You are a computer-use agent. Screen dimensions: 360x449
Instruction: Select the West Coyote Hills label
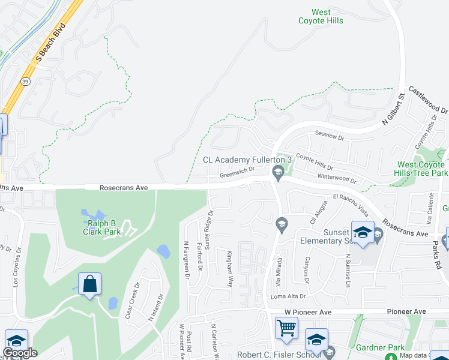[x=321, y=16]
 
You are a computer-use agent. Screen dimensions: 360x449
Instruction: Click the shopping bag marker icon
[x=89, y=284]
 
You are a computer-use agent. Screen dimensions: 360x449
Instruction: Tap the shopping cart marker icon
[x=286, y=328]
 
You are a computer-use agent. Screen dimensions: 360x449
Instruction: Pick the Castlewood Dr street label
[x=429, y=100]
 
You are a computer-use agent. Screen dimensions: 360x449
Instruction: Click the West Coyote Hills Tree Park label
[x=422, y=169]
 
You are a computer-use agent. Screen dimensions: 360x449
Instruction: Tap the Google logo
[x=20, y=353]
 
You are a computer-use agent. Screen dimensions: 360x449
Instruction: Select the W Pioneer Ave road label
[x=308, y=312]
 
